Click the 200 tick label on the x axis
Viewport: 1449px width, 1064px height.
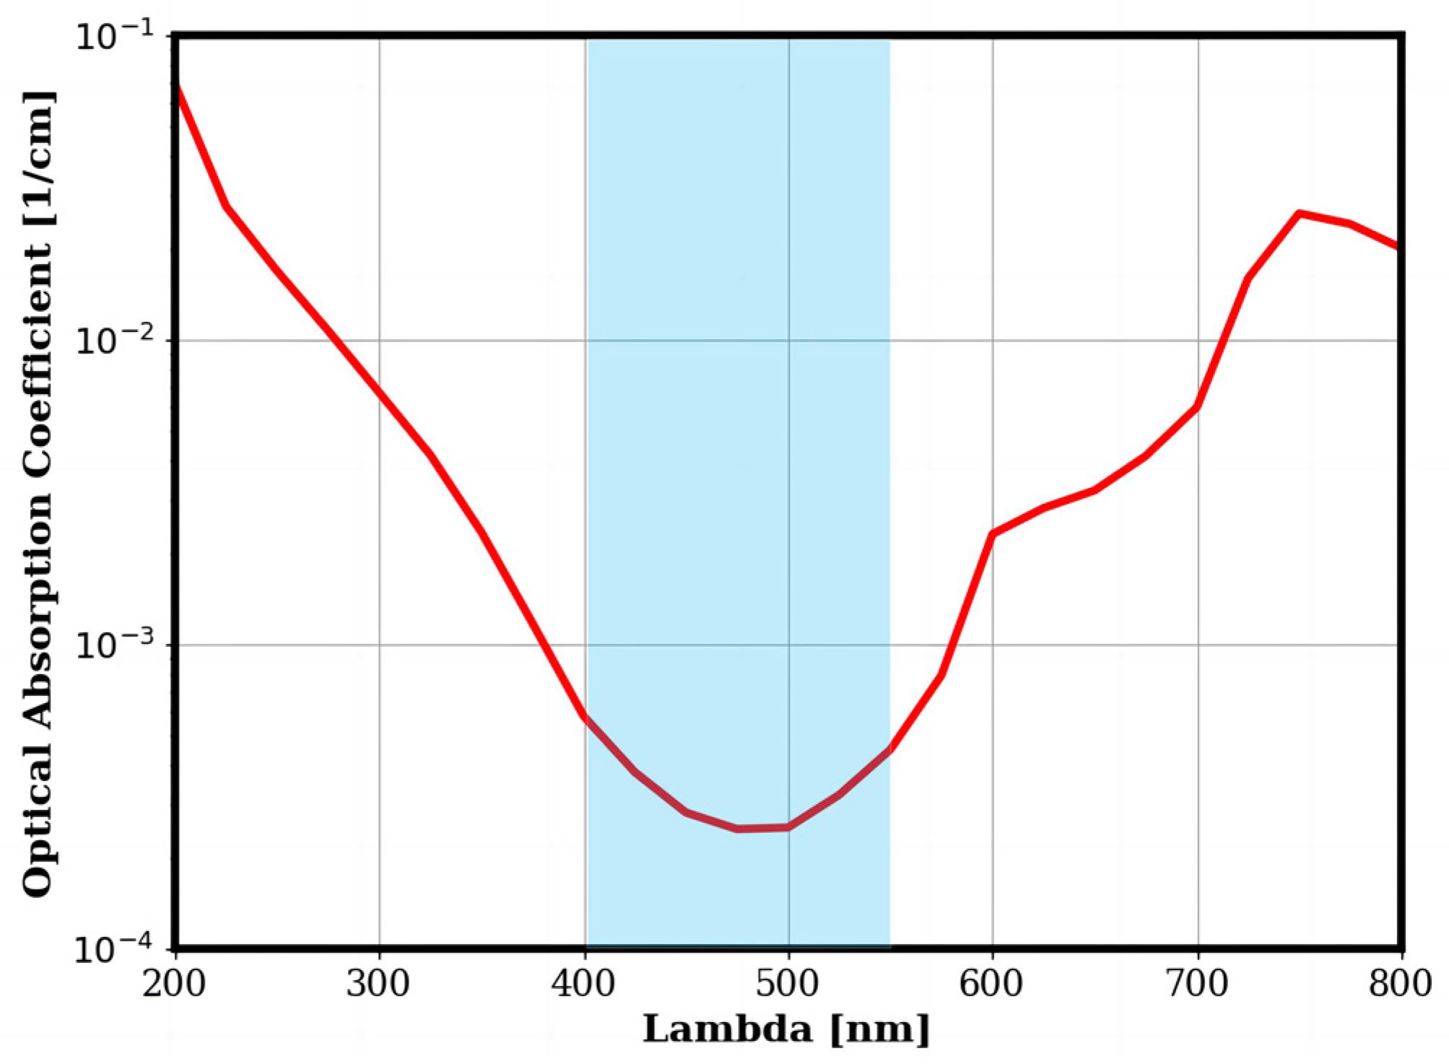pyautogui.click(x=174, y=984)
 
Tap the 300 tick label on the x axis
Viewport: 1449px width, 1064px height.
pyautogui.click(x=378, y=984)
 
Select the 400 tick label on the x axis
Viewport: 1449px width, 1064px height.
pyautogui.click(x=583, y=984)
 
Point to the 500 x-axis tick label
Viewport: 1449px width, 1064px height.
pyautogui.click(x=788, y=984)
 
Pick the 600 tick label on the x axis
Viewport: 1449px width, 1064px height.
pyautogui.click(x=992, y=984)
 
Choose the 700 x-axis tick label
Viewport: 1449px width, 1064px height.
pyautogui.click(x=1197, y=984)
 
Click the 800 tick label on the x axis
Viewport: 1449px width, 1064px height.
pyautogui.click(x=1400, y=984)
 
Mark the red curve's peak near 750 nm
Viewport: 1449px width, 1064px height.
pyautogui.click(x=1299, y=214)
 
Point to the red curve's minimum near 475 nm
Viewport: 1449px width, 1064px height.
pyautogui.click(x=738, y=829)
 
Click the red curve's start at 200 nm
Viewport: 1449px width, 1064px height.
pyautogui.click(x=176, y=87)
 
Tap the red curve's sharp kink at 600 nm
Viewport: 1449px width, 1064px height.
pyautogui.click(x=993, y=534)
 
